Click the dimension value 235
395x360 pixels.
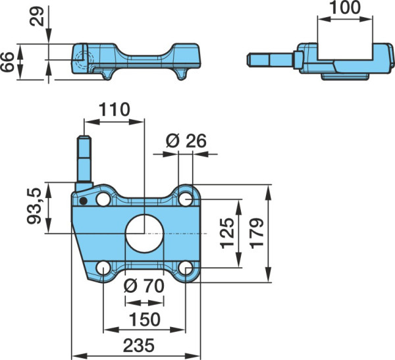138,346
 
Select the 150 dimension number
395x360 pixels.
145,319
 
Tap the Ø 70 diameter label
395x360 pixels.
144,286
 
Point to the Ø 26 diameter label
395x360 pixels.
186,141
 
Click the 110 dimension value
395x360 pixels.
115,110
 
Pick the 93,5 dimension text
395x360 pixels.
34,206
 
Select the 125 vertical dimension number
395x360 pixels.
227,233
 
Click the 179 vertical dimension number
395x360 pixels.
257,233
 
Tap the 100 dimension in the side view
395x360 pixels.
345,7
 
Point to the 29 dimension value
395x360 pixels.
37,16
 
